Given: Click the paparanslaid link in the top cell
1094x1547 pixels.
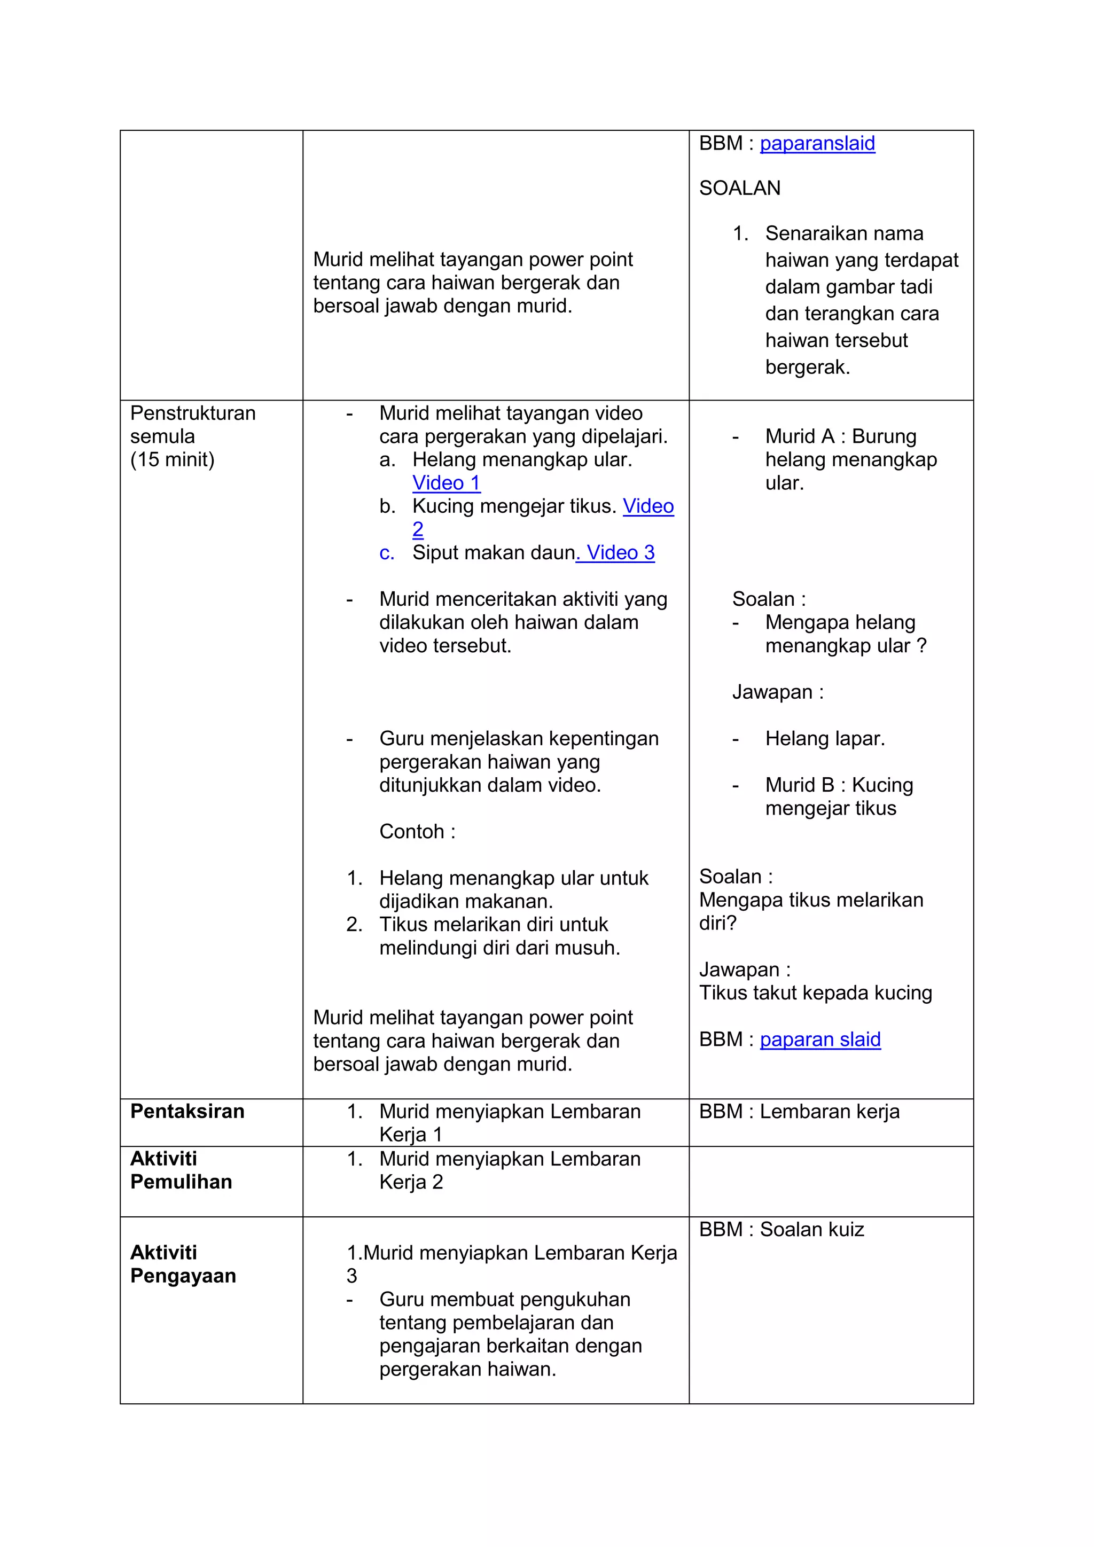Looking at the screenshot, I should tap(817, 144).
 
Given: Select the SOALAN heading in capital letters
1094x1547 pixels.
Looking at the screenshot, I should tap(740, 188).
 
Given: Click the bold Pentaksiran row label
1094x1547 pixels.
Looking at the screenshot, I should tap(187, 1111).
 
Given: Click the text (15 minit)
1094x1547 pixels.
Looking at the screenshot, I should tap(173, 459).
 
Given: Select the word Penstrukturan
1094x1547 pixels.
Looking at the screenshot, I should tap(193, 413).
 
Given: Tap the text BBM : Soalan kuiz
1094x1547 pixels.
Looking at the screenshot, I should tap(782, 1229).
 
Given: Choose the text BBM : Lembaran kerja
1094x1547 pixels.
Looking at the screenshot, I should tap(799, 1111).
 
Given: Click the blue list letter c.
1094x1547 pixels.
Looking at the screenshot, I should tap(386, 553).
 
